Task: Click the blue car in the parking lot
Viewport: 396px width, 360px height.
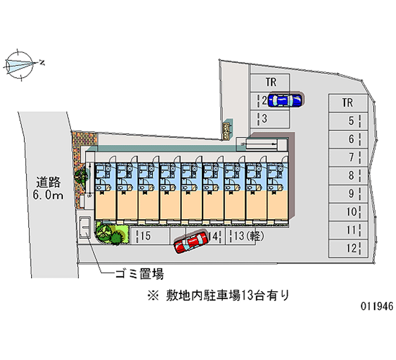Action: tap(284, 101)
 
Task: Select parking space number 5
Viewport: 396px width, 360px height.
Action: tap(348, 120)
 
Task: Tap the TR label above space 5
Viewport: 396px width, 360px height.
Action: tap(347, 103)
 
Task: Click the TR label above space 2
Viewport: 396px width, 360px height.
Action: tap(270, 82)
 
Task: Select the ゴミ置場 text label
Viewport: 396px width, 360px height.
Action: tap(140, 273)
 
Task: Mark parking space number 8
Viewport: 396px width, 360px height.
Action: tap(348, 175)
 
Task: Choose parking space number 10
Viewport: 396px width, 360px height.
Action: tap(348, 212)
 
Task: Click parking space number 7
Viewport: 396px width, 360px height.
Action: tap(348, 157)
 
